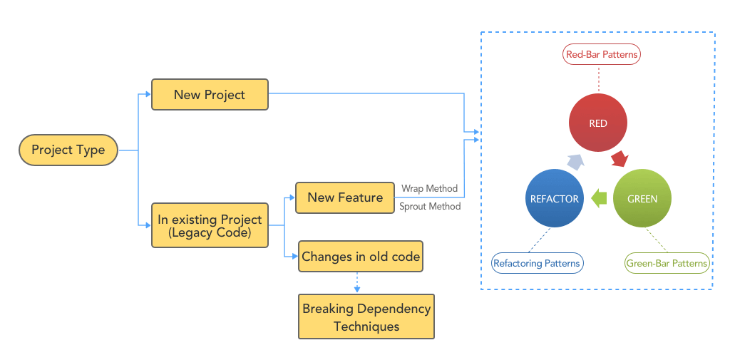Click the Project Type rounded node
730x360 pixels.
click(x=68, y=150)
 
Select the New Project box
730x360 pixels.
click(x=210, y=95)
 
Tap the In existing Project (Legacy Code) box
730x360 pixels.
click(x=210, y=225)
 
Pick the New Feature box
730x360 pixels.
click(x=345, y=198)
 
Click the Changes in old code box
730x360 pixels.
click(x=361, y=256)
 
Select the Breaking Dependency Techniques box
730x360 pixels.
click(x=366, y=317)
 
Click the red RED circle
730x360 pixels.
click(x=598, y=123)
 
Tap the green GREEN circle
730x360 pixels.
click(x=642, y=198)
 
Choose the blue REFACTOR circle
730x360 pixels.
click(x=554, y=198)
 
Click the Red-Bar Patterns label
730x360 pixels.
click(x=602, y=54)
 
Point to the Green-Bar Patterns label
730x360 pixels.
click(x=667, y=263)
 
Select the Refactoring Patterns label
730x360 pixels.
click(x=537, y=263)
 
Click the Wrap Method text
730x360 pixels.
click(x=430, y=189)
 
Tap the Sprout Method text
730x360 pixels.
click(x=430, y=206)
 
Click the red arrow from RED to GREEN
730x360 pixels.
click(x=620, y=158)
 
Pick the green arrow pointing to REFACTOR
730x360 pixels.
click(x=599, y=198)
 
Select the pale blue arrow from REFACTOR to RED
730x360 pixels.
click(x=575, y=162)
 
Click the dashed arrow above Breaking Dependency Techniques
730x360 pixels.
click(x=357, y=283)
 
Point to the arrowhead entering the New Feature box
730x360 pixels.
click(x=292, y=197)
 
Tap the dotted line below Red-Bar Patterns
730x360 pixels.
click(x=599, y=78)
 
